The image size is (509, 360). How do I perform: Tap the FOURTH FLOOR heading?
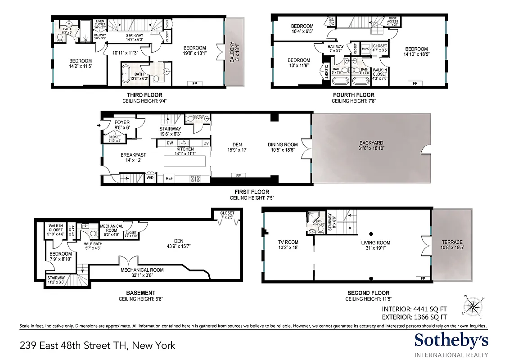(353, 95)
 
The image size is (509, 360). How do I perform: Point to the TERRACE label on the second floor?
(451, 242)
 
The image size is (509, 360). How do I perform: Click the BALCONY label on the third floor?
(233, 53)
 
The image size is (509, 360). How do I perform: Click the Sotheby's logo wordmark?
(451, 341)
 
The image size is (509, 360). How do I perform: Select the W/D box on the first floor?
(150, 178)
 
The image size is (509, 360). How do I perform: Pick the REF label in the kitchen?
(169, 178)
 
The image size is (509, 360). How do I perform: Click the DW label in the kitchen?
(170, 143)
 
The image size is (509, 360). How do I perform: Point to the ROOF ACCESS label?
(392, 20)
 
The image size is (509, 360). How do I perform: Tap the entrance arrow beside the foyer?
(99, 126)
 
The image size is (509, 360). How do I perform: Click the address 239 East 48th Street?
(97, 346)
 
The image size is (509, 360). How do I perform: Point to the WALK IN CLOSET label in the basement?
(56, 228)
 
